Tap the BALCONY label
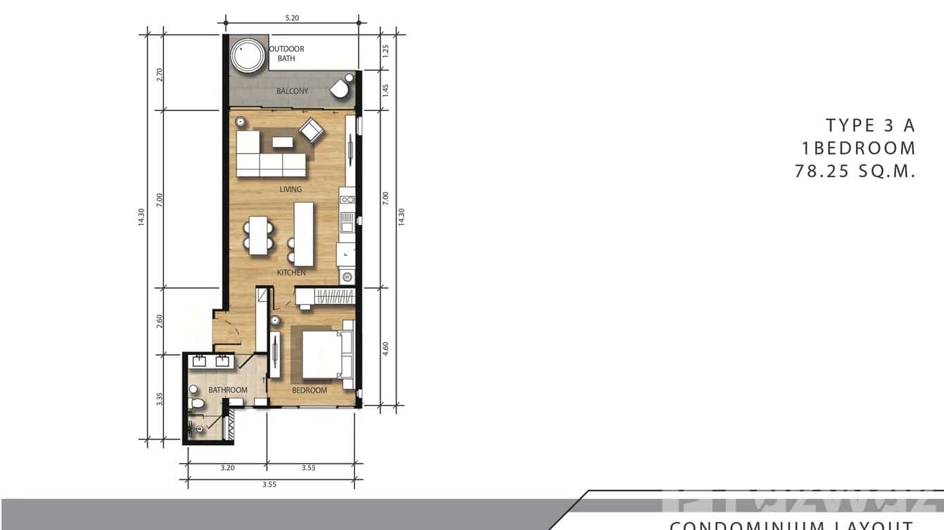(292, 91)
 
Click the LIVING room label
(291, 189)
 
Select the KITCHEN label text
(291, 272)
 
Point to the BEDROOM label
(310, 390)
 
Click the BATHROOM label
(228, 390)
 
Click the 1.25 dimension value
(385, 51)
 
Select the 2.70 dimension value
(160, 75)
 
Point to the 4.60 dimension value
(385, 349)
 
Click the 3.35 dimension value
(160, 399)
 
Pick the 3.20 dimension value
(227, 467)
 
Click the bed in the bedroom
(326, 355)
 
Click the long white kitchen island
(303, 233)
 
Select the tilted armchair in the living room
(310, 129)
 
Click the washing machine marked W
(347, 277)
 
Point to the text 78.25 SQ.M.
(855, 171)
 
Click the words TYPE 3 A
(871, 126)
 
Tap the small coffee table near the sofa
(283, 142)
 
